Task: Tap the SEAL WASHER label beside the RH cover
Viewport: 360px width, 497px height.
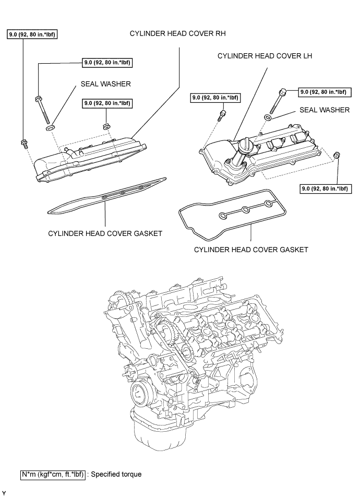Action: pos(105,84)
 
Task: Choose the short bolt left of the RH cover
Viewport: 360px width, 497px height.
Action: pos(24,143)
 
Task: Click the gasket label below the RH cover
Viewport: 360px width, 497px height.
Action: pos(105,233)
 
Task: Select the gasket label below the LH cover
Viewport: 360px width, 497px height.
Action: pos(251,250)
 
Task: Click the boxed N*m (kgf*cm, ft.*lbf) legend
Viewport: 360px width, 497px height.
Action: pos(53,475)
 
